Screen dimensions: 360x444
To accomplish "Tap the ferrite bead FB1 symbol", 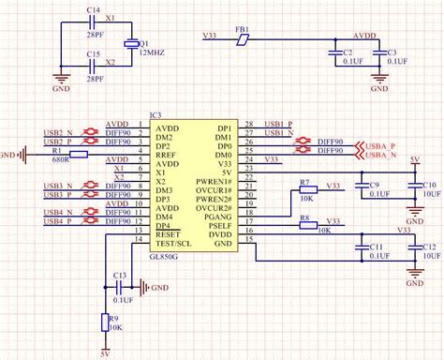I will [x=243, y=39].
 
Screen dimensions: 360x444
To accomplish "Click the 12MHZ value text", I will [x=152, y=53].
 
